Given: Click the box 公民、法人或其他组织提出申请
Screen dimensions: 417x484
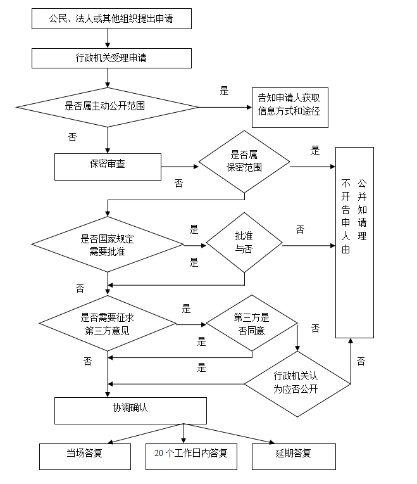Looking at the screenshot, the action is pyautogui.click(x=111, y=19).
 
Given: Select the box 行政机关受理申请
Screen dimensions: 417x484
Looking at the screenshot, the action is pyautogui.click(x=111, y=58).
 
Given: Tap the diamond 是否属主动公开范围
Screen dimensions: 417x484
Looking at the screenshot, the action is pyautogui.click(x=107, y=107).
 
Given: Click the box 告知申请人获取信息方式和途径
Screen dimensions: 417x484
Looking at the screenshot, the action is pyautogui.click(x=290, y=108).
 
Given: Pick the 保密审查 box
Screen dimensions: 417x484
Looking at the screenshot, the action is pyautogui.click(x=108, y=167).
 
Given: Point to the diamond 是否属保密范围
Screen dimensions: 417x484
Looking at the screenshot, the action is pyautogui.click(x=244, y=162).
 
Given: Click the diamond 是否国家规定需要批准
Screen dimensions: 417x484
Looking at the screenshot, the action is pyautogui.click(x=108, y=245).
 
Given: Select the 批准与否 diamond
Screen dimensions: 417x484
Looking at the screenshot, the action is pyautogui.click(x=244, y=243).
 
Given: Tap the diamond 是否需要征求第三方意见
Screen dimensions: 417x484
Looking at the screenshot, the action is pyautogui.click(x=108, y=324).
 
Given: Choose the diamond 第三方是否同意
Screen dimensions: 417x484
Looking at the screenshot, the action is pyautogui.click(x=252, y=323).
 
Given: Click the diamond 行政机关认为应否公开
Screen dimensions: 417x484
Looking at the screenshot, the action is pyautogui.click(x=297, y=384).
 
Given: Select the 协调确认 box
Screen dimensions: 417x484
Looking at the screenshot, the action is pyautogui.click(x=131, y=411).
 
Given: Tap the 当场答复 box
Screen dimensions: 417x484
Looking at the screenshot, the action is pyautogui.click(x=85, y=457).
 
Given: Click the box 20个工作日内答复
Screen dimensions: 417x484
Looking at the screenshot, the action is pyautogui.click(x=191, y=457).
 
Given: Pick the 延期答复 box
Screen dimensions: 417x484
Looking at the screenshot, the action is pyautogui.click(x=294, y=457).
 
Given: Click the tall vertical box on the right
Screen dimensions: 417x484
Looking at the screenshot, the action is pyautogui.click(x=354, y=243).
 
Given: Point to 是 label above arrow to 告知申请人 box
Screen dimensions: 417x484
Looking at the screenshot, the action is pyautogui.click(x=225, y=91).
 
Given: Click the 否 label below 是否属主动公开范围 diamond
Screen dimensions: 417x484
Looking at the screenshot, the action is pyautogui.click(x=72, y=137).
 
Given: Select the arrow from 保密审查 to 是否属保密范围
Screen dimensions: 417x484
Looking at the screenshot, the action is pyautogui.click(x=180, y=167).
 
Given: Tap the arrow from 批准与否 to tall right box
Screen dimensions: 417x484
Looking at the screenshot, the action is pyautogui.click(x=309, y=246).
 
